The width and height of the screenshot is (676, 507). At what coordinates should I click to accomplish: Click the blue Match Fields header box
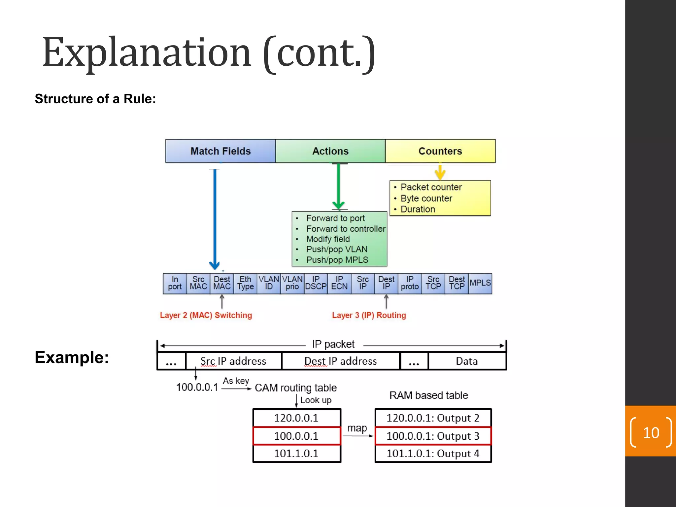point(220,151)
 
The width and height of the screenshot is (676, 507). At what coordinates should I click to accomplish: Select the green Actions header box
point(330,151)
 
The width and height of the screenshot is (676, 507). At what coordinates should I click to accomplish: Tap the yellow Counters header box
point(440,151)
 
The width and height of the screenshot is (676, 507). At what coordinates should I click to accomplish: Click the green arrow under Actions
point(339,186)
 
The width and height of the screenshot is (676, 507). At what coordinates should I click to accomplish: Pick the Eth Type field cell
point(245,283)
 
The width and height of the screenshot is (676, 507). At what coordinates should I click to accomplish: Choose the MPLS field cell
point(480,283)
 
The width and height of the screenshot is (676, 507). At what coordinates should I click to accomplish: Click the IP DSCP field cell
point(316,283)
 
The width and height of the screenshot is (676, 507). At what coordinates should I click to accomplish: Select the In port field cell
point(175,283)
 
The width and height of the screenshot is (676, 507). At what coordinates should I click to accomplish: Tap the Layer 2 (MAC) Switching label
point(206,315)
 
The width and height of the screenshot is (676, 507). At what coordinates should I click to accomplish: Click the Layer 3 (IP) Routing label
point(369,315)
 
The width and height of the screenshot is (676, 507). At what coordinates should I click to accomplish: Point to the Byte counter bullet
point(426,198)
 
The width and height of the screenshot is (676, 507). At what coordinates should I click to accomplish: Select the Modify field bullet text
point(328,239)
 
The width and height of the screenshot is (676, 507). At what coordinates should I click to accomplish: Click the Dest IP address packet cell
point(341,361)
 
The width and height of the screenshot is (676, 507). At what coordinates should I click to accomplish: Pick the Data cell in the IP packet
point(467,361)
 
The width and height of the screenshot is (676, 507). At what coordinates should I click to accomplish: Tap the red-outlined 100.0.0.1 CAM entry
point(296,436)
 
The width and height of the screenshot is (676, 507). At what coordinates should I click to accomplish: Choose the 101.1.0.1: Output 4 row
point(433,454)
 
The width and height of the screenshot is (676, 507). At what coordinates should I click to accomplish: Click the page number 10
point(651,433)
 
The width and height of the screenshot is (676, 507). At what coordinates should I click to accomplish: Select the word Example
point(72,357)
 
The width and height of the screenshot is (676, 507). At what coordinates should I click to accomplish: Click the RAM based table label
point(429,395)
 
